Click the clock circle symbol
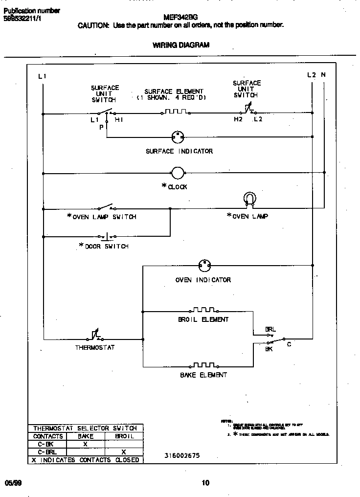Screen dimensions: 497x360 [x=177, y=172]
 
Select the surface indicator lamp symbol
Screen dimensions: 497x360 [x=177, y=137]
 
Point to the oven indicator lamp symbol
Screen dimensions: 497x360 [x=204, y=266]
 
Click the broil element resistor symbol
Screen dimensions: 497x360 [x=203, y=310]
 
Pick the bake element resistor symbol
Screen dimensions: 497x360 [x=203, y=365]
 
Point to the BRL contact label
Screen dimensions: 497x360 [x=270, y=329]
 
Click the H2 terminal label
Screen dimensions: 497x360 [x=238, y=119]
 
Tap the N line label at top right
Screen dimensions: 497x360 [x=323, y=75]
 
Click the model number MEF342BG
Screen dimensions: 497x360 [x=183, y=17]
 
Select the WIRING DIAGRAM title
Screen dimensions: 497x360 [x=181, y=45]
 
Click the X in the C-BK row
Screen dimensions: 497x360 [x=85, y=444]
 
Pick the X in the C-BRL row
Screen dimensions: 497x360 [x=124, y=452]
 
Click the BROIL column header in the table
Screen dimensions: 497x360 [x=124, y=436]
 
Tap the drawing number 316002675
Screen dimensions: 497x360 [x=182, y=455]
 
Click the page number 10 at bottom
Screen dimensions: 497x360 [x=205, y=483]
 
